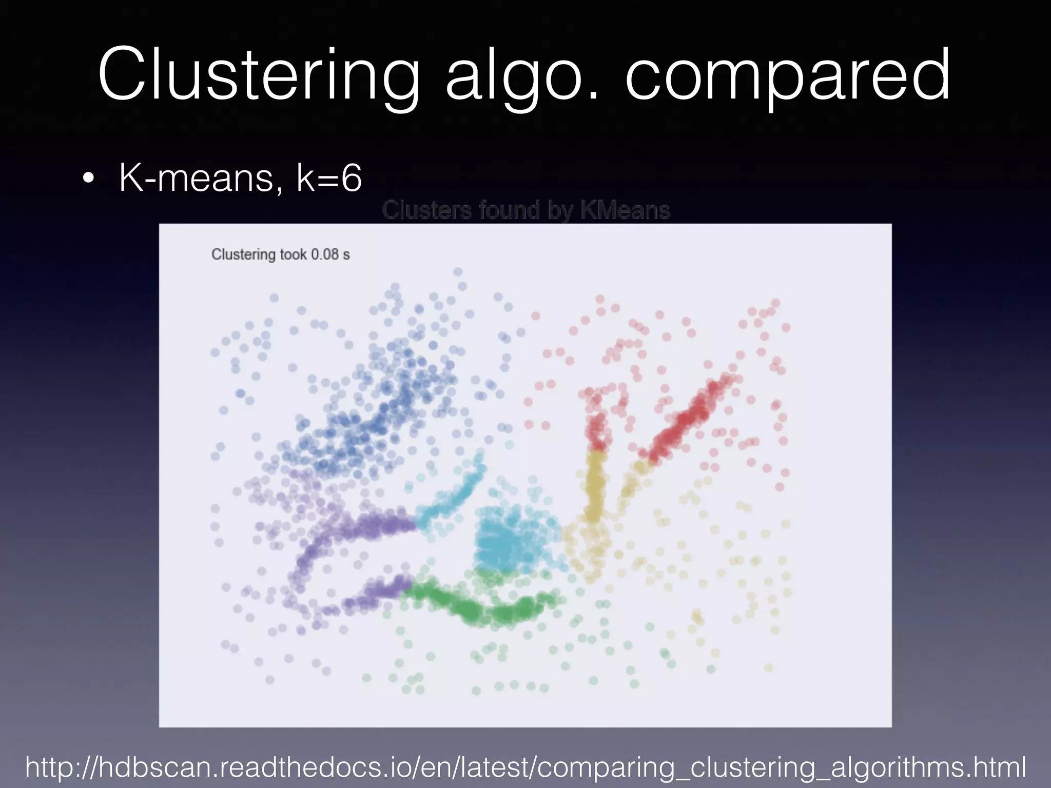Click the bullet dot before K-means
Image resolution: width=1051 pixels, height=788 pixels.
tap(88, 179)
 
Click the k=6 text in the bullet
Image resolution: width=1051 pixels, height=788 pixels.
tap(329, 178)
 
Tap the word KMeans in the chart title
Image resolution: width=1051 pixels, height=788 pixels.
tap(625, 210)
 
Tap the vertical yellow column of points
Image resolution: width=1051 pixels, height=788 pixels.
tap(595, 485)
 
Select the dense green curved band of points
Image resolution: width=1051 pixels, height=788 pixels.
tap(477, 608)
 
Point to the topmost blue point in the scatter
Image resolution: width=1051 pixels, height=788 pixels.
tap(457, 272)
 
